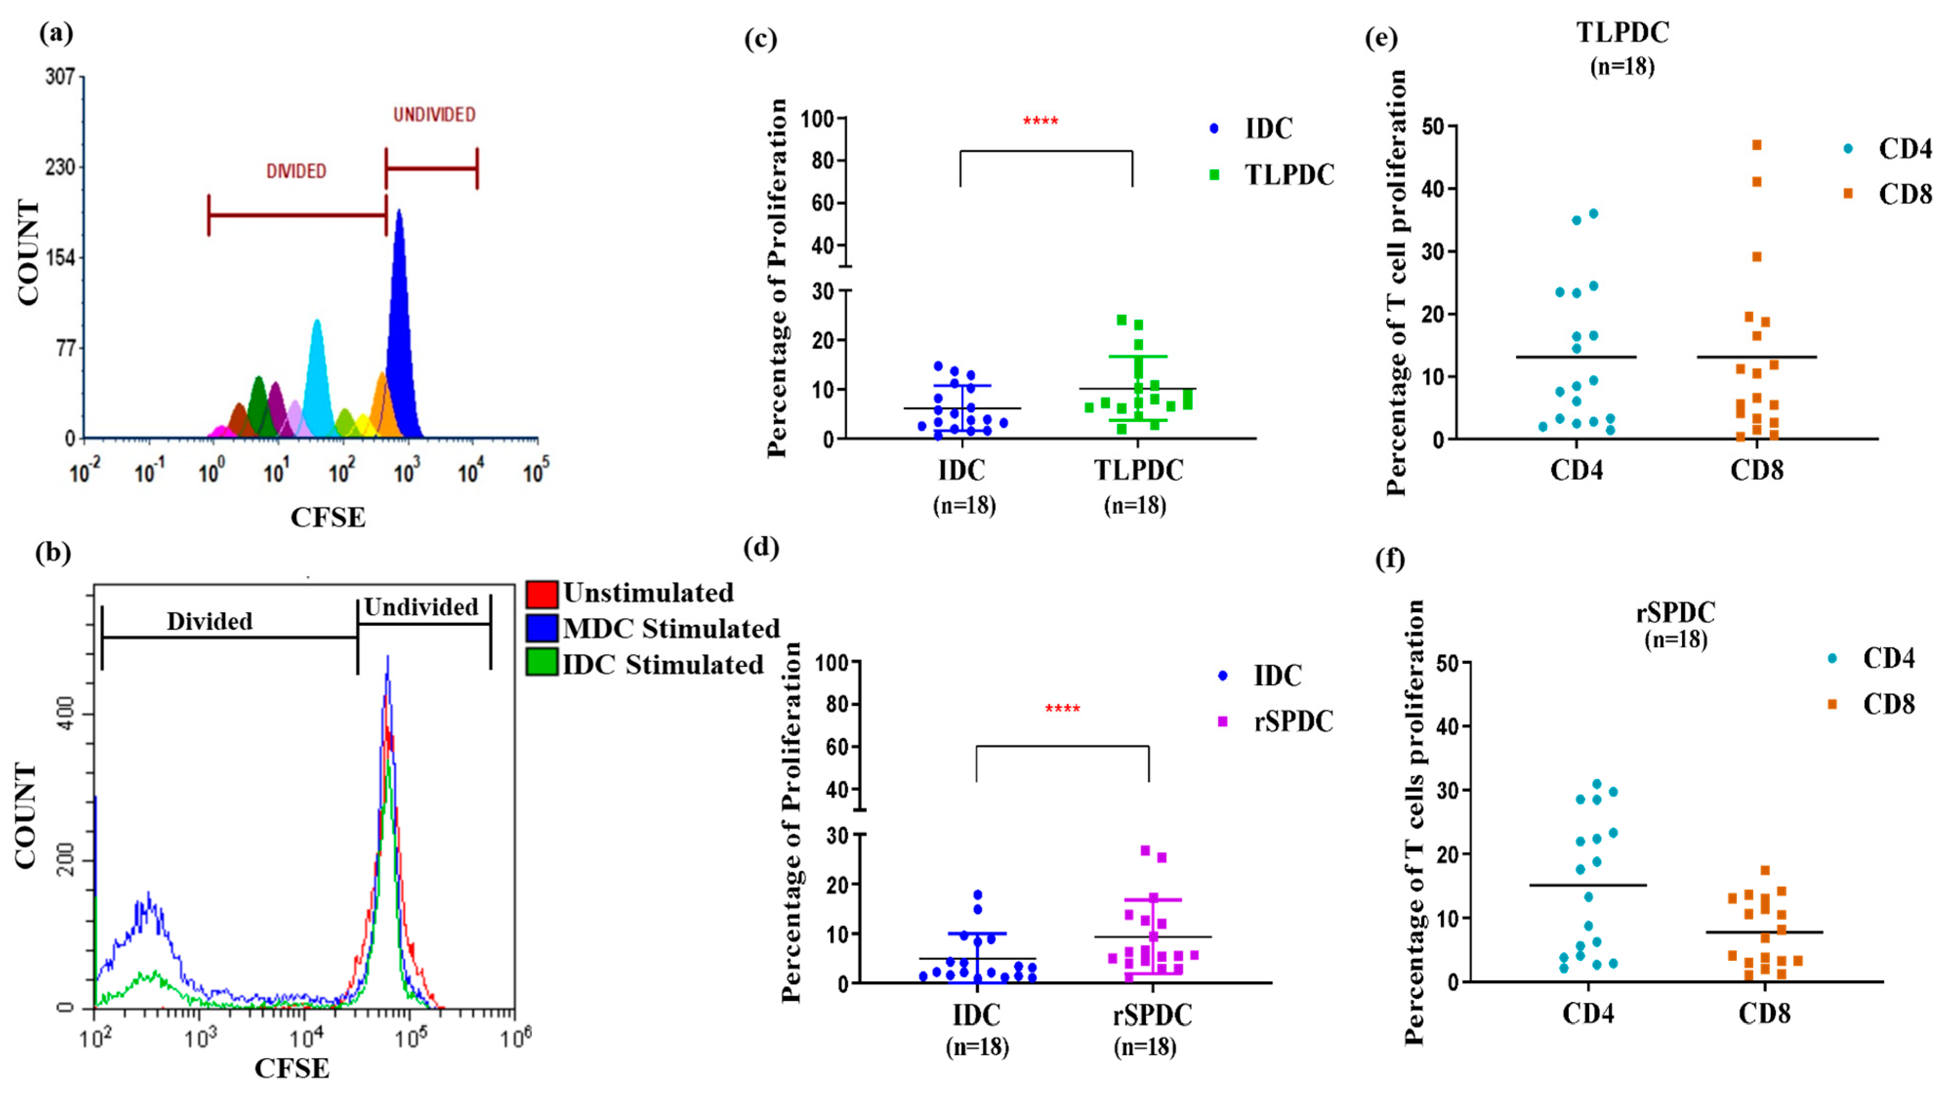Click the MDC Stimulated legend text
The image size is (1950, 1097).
pyautogui.click(x=671, y=629)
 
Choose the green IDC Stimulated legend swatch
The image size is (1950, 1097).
pyautogui.click(x=542, y=663)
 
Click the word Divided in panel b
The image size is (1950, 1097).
pyautogui.click(x=210, y=621)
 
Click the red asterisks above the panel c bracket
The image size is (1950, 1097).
pyautogui.click(x=1040, y=121)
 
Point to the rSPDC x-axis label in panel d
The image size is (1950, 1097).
pyautogui.click(x=1152, y=1015)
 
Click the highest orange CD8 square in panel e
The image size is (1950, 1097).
pyautogui.click(x=1757, y=144)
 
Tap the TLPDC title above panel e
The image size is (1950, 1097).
pyautogui.click(x=1622, y=33)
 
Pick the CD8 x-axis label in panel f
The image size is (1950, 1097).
pyautogui.click(x=1764, y=1013)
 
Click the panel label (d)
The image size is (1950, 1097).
pyautogui.click(x=761, y=547)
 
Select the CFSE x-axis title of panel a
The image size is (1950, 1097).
pyautogui.click(x=328, y=518)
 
